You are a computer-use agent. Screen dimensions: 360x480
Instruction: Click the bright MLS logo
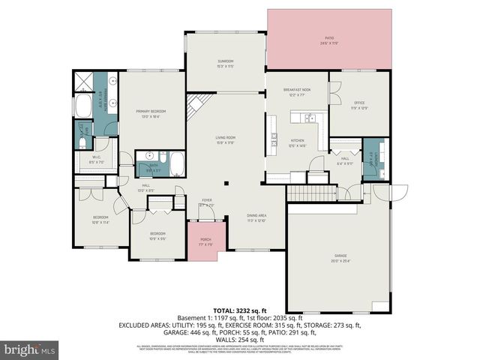tap(29, 349)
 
